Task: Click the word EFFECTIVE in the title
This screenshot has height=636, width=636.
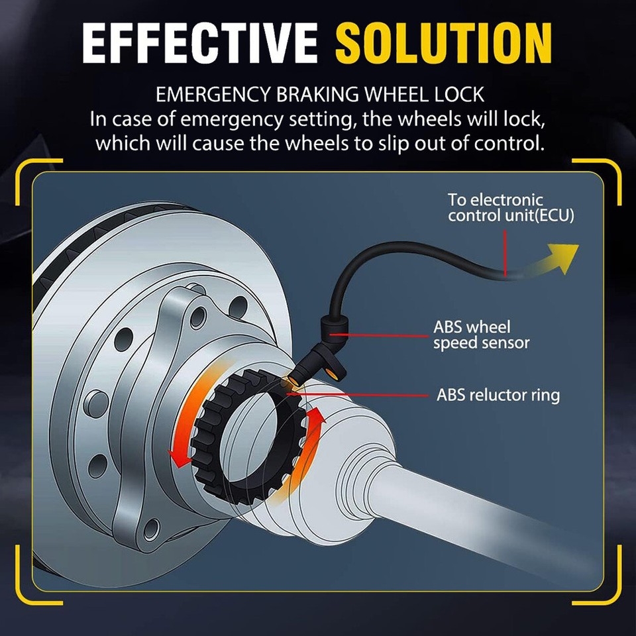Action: click(199, 42)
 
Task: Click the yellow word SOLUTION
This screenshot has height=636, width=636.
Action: click(444, 42)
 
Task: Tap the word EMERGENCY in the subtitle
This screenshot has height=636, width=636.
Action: click(213, 95)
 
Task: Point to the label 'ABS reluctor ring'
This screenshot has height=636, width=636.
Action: click(498, 395)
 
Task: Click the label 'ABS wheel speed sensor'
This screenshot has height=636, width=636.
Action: click(481, 335)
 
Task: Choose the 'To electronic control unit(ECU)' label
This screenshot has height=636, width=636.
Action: click(511, 207)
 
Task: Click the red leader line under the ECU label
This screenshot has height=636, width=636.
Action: click(505, 254)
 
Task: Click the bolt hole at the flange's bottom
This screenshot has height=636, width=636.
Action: click(152, 529)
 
